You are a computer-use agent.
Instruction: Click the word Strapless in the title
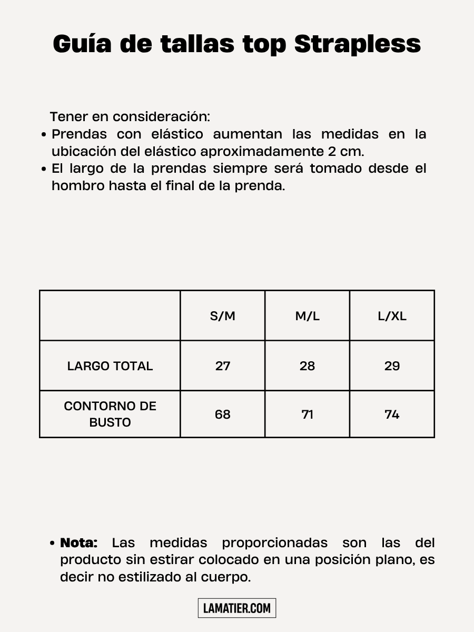[358, 44]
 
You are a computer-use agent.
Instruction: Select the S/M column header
[223, 316]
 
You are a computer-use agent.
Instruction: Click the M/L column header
[307, 316]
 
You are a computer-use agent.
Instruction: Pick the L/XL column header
[392, 316]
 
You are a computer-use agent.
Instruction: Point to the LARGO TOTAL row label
[110, 366]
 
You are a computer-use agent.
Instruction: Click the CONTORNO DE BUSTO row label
[110, 414]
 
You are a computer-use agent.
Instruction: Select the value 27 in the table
[223, 366]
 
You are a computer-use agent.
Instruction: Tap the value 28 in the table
[307, 366]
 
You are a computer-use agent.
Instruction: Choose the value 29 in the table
[392, 366]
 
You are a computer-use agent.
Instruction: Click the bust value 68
[223, 414]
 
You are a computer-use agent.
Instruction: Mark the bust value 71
[307, 414]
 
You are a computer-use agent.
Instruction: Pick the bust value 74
[392, 414]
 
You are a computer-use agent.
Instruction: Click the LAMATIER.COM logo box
[237, 608]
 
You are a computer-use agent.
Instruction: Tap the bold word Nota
[79, 542]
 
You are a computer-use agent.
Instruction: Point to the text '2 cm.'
[345, 151]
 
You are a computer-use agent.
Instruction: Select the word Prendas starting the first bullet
[79, 134]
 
